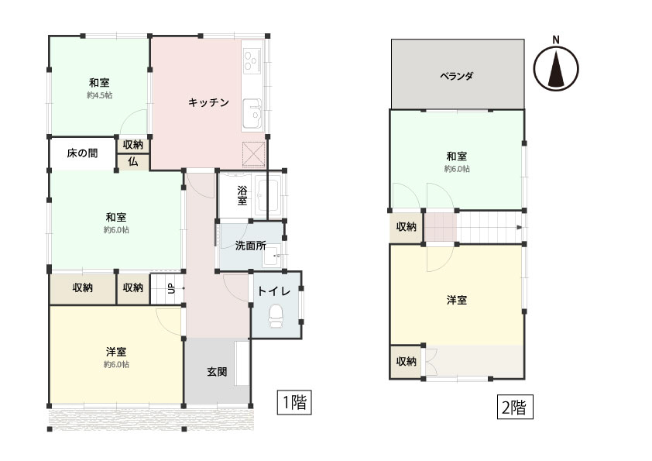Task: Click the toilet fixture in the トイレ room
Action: click(275, 316)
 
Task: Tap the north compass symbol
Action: click(556, 68)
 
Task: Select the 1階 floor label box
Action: click(294, 403)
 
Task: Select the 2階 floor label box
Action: click(515, 407)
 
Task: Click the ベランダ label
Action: click(457, 76)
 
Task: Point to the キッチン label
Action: click(208, 102)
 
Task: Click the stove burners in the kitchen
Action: click(252, 60)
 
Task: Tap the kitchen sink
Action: click(252, 114)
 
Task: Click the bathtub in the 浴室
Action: click(266, 195)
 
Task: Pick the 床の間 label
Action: click(82, 153)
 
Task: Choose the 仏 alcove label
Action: click(132, 161)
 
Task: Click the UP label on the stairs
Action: click(171, 288)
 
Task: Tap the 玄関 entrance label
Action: click(217, 372)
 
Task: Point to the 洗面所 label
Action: click(251, 246)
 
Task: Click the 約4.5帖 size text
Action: click(100, 95)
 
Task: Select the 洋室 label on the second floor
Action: click(457, 300)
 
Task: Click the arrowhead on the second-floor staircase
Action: click(520, 227)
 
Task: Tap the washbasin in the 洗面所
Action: click(272, 257)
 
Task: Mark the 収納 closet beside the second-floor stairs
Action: click(407, 227)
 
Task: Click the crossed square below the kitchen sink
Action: click(254, 154)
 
